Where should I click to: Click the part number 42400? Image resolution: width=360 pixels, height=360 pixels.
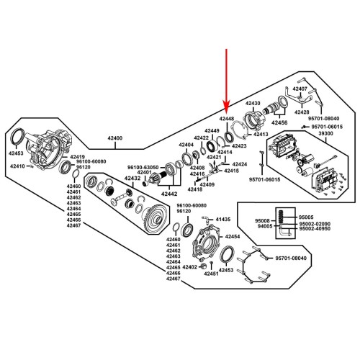pyautogui.click(x=114, y=138)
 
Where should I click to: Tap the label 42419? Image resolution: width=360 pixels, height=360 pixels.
pyautogui.click(x=78, y=157)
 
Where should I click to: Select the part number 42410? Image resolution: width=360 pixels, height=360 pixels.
pyautogui.click(x=18, y=166)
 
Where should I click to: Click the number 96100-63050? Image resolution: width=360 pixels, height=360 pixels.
pyautogui.click(x=143, y=166)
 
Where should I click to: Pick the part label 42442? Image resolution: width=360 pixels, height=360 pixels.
pyautogui.click(x=169, y=194)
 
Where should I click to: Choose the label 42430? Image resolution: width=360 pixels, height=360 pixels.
pyautogui.click(x=253, y=104)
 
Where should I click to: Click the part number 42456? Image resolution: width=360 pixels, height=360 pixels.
pyautogui.click(x=278, y=123)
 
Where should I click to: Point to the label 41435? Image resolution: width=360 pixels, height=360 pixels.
pyautogui.click(x=222, y=219)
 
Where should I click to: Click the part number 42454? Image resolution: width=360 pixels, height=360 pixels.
pyautogui.click(x=232, y=236)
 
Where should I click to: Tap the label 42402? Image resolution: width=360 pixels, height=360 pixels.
pyautogui.click(x=190, y=267)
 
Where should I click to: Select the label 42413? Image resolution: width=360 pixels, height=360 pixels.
pyautogui.click(x=260, y=134)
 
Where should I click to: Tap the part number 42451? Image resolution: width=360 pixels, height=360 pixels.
pyautogui.click(x=210, y=273)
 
